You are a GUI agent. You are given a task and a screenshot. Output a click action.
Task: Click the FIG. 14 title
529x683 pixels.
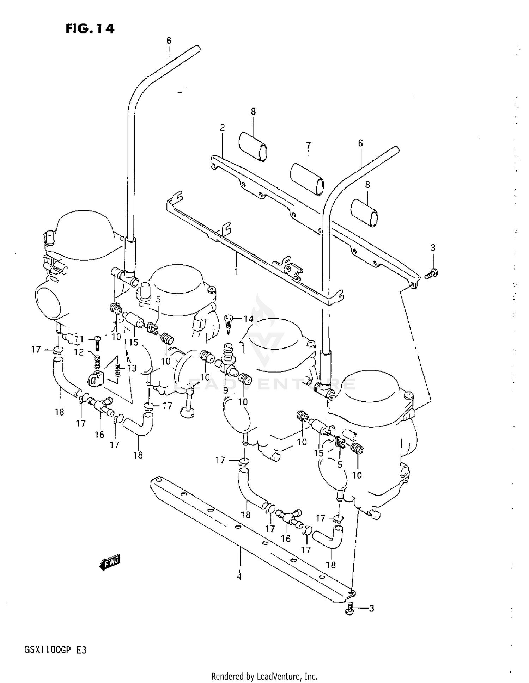pos(90,29)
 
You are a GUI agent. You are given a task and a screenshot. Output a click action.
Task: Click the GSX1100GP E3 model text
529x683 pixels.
pos(55,650)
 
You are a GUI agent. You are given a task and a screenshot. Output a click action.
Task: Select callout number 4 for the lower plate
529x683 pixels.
pos(239,577)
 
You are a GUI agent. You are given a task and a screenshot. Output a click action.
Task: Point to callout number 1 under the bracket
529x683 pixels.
pos(236,272)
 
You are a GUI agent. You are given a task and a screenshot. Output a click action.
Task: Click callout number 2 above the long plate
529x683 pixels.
pos(222,128)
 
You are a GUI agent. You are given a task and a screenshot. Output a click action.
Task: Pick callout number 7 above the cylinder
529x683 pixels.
pos(308,145)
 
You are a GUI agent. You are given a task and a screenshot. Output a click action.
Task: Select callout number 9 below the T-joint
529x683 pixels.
pos(226,390)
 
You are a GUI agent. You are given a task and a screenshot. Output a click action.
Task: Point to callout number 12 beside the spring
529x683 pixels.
pos(79,352)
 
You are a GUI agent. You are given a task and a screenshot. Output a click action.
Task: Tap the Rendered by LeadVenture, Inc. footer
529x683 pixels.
pos(264,676)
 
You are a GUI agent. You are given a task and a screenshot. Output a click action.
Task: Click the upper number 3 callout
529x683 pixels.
pos(433,248)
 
